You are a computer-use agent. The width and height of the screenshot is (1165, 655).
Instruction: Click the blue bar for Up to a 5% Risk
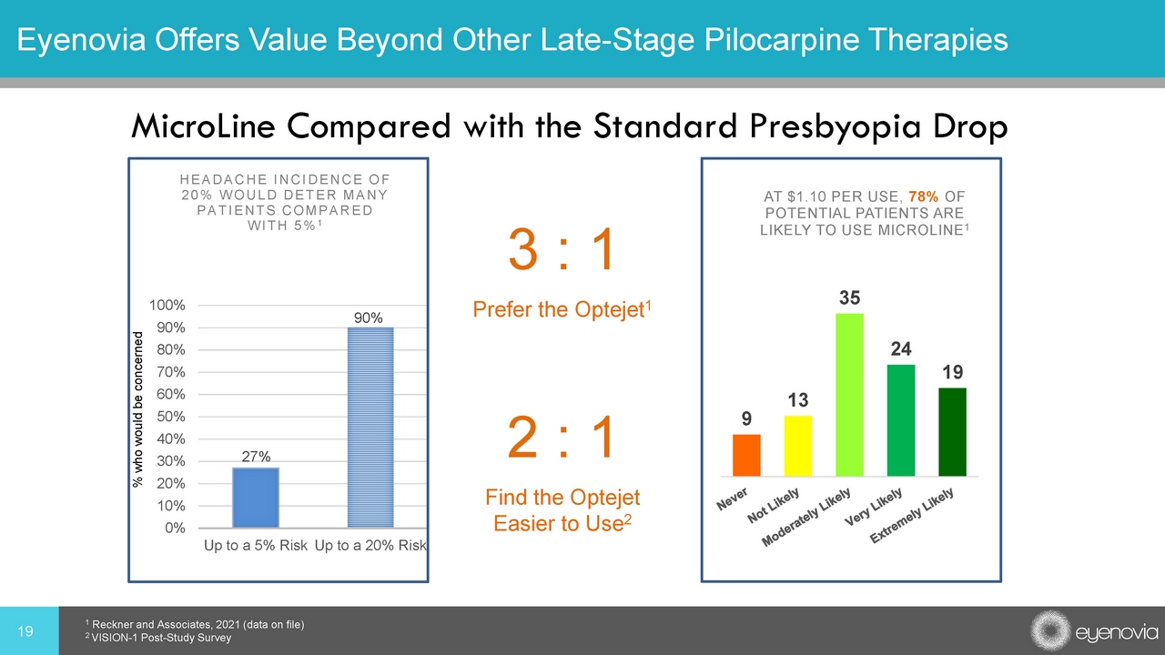[256, 497]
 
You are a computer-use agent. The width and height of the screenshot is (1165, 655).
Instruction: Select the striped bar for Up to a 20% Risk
[370, 428]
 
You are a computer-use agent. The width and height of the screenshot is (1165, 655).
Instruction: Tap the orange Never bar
[746, 455]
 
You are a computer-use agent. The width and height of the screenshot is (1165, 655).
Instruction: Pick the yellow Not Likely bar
[797, 446]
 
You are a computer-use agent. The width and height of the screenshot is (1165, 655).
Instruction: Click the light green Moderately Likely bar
[849, 395]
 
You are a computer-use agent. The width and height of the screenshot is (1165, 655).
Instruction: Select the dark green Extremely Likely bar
[952, 431]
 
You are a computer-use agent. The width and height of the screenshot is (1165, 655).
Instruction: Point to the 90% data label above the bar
[369, 317]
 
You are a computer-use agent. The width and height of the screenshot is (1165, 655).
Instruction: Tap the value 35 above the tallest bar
[849, 297]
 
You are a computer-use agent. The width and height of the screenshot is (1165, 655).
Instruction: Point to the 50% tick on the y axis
[170, 417]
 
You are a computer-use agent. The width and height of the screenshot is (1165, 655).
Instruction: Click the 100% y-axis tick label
[167, 305]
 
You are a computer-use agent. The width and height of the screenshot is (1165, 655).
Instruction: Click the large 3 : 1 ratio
[561, 250]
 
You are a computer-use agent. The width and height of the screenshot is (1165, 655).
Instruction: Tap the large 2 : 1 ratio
[561, 438]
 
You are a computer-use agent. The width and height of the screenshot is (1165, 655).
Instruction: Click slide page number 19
[27, 630]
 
